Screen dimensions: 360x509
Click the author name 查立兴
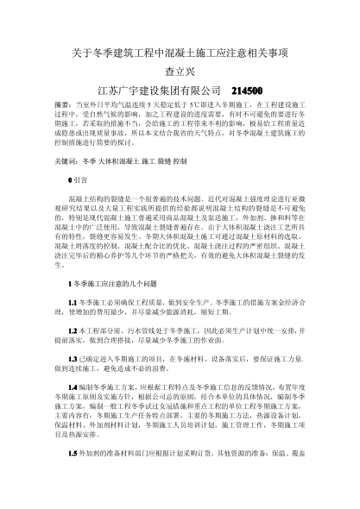[x=180, y=71]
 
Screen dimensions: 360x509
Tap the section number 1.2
[x=73, y=355]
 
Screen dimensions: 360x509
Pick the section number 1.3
[x=73, y=381]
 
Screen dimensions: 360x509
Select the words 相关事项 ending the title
[x=268, y=52]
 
